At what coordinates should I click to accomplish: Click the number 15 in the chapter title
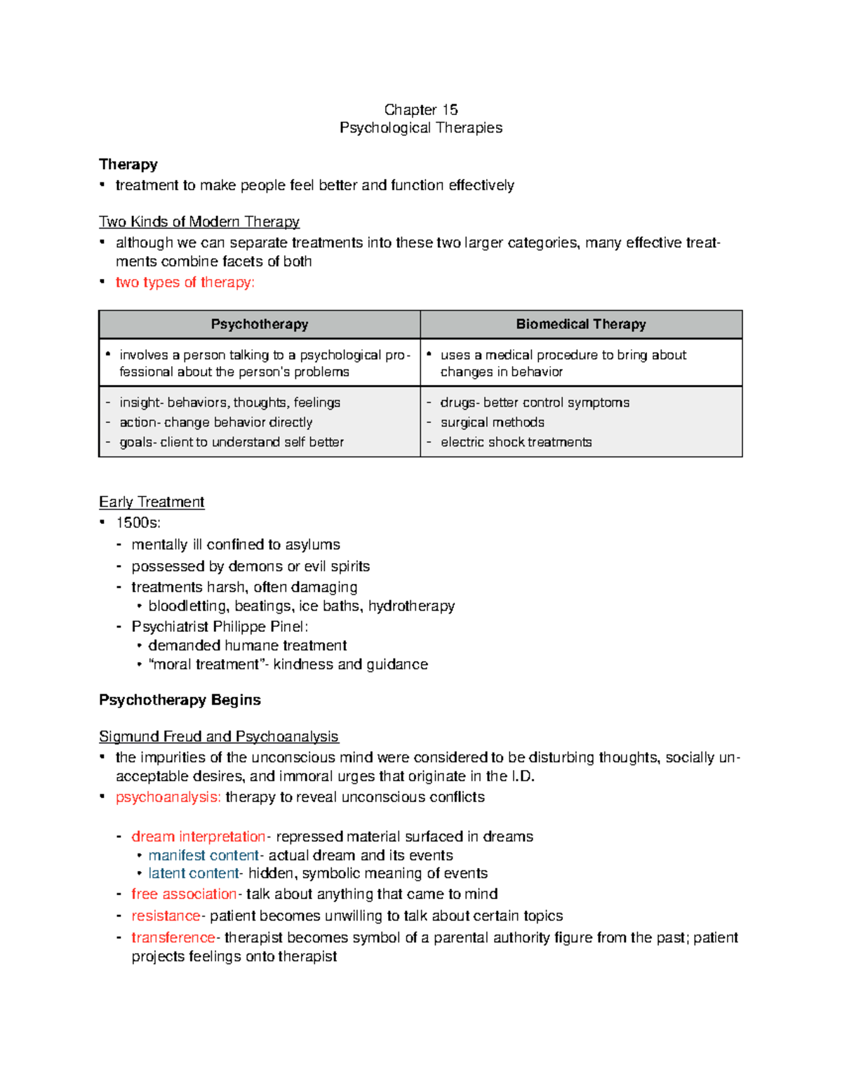(450, 109)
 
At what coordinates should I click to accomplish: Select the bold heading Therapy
(128, 164)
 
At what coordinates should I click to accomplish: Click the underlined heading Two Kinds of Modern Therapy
(199, 222)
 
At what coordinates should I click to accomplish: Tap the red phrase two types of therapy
(185, 282)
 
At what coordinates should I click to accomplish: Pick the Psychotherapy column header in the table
(260, 324)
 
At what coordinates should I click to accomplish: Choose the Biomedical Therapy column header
(581, 324)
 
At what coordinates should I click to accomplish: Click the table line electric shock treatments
(516, 442)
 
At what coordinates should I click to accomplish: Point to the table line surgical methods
(492, 422)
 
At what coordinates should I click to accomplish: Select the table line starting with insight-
(229, 403)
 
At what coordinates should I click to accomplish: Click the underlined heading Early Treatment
(152, 502)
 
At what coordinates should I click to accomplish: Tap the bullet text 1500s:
(138, 522)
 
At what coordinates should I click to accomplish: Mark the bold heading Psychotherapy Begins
(180, 700)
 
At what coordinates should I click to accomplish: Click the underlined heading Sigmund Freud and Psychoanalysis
(219, 736)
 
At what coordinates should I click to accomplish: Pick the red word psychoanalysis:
(168, 797)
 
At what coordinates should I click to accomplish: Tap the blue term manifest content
(203, 855)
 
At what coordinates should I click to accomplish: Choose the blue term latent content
(194, 873)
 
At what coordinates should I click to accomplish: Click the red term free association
(184, 894)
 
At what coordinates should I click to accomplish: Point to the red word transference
(173, 938)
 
